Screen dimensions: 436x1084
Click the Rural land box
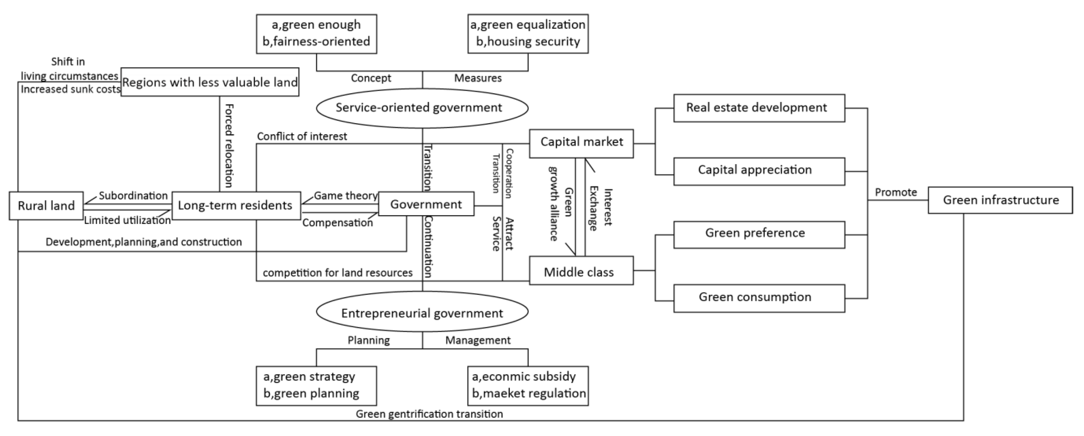46,206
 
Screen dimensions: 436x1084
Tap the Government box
426,204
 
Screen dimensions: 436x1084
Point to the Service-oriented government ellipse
422,108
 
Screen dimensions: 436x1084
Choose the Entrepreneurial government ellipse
422,313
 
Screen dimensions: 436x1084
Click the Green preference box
759,234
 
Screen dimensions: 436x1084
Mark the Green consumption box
759,298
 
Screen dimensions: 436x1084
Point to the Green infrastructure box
1000,200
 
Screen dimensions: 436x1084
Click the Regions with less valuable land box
210,82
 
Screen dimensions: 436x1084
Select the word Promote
896,192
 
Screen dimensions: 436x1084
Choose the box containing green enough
317,34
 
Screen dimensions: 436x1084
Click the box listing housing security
528,34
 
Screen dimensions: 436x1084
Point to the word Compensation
337,223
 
